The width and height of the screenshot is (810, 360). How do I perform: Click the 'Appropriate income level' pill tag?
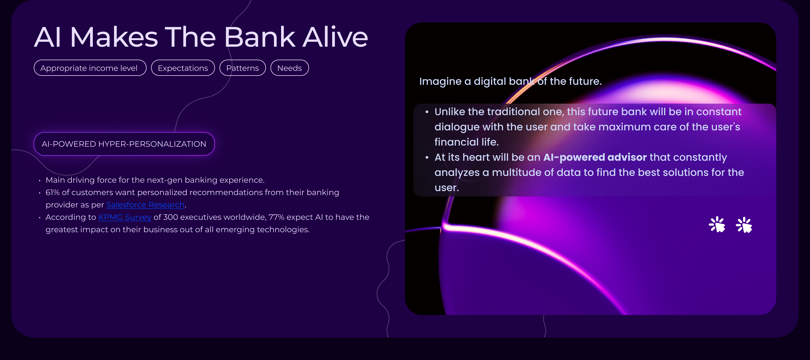[90, 68]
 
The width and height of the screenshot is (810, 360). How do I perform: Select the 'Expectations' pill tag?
[183, 68]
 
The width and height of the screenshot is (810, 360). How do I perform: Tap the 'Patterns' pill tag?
[242, 68]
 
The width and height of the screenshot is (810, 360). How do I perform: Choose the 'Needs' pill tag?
[290, 68]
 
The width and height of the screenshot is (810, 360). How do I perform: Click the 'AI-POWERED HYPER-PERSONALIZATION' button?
[124, 144]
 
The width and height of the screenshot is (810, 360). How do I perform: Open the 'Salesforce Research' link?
[145, 205]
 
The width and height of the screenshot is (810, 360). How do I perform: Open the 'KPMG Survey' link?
[125, 217]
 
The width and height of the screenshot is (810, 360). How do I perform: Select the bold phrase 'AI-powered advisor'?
[595, 157]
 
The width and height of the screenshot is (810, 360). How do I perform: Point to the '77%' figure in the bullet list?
[276, 217]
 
